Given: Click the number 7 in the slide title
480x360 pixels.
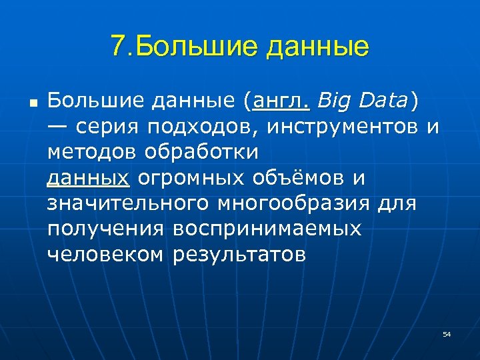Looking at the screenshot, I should tap(119, 46).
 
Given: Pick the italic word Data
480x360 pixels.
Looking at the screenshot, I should tap(384, 101).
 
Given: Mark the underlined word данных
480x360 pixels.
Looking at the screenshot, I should tap(88, 179).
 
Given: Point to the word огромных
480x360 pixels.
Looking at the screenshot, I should tap(189, 179).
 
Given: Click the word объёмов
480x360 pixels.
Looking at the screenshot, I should tap(297, 178).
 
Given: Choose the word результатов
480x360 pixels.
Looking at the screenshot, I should tap(240, 254).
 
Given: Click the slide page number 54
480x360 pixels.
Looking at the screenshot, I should tap(447, 333).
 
